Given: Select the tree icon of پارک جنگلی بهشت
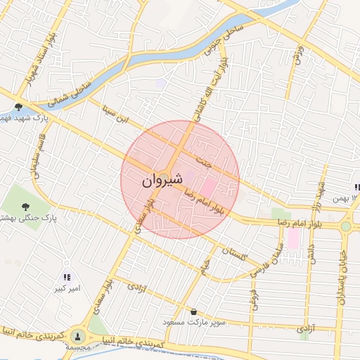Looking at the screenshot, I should (x=26, y=207).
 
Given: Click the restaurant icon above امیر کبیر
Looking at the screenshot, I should (x=67, y=278).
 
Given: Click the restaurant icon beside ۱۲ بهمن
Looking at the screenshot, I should (x=356, y=187).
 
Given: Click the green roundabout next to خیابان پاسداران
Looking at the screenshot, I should (x=345, y=226).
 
